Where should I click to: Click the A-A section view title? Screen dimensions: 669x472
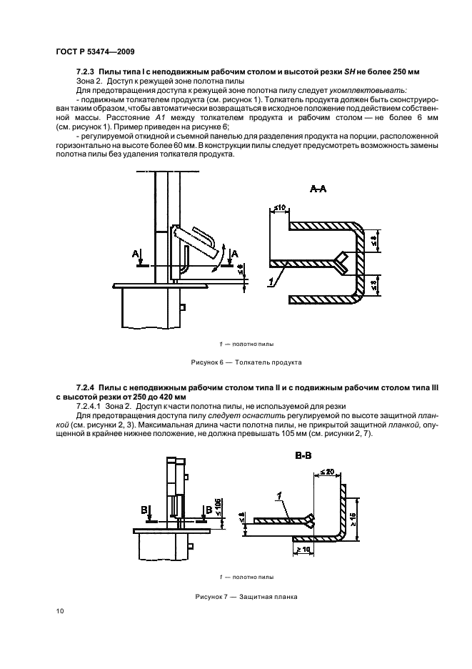[x=318, y=189]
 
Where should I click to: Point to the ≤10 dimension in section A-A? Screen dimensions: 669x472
[x=279, y=209]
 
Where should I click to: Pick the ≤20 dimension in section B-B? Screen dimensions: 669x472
[x=328, y=472]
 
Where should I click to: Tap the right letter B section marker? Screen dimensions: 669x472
[x=207, y=510]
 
